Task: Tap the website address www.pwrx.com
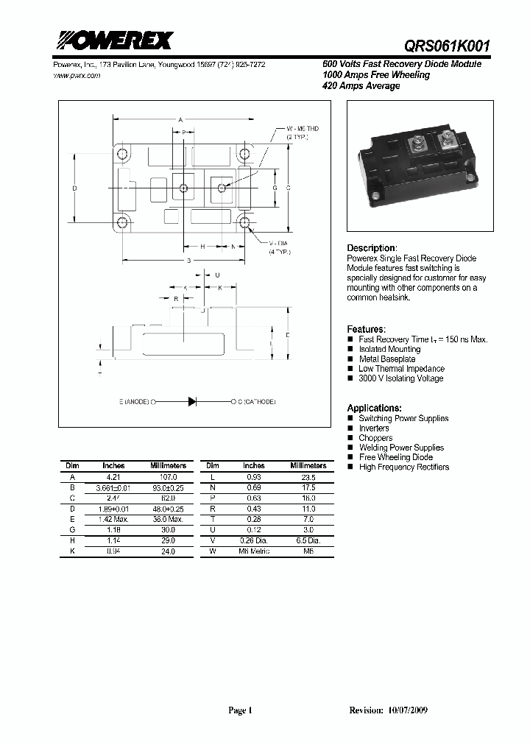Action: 77,76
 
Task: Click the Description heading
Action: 371,248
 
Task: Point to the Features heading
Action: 366,329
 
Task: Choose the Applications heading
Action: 374,408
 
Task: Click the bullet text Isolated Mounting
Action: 389,350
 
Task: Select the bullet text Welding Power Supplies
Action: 401,448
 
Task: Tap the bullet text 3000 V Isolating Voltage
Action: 400,378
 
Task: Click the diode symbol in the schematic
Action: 192,402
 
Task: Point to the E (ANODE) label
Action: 133,402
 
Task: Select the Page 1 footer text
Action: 240,710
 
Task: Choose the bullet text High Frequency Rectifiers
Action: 403,467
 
